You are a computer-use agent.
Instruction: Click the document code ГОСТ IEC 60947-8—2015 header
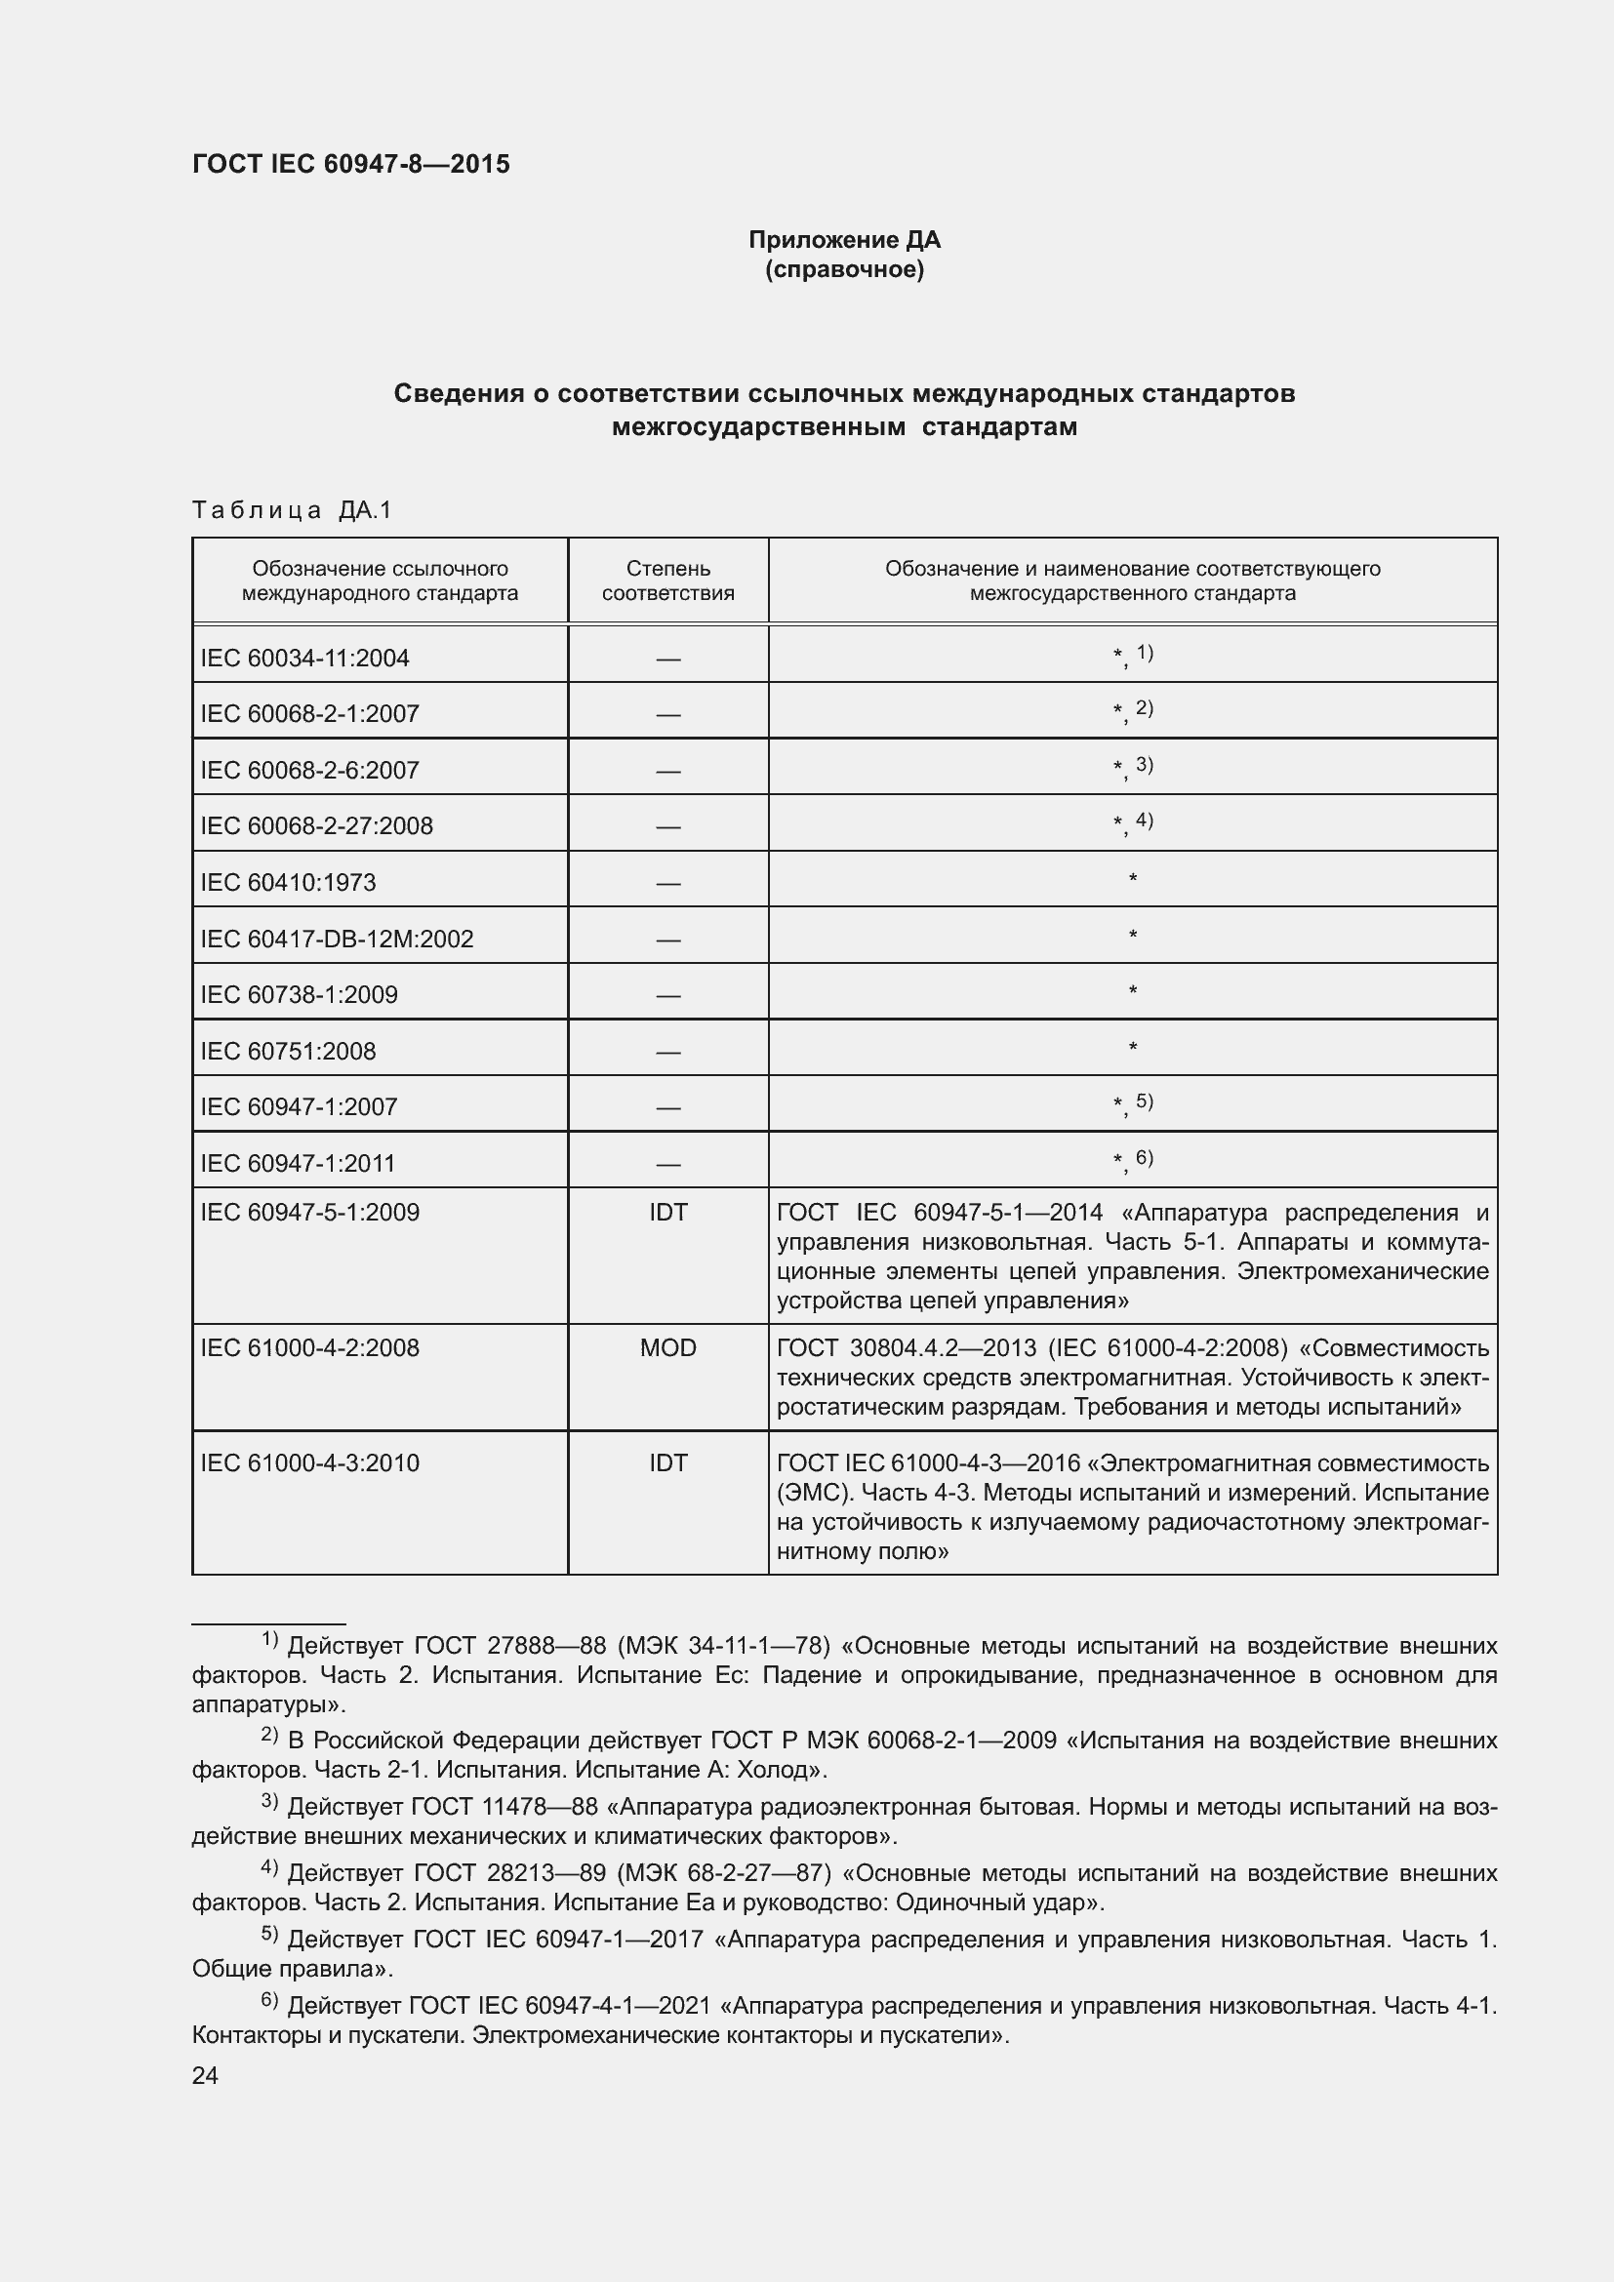(x=351, y=164)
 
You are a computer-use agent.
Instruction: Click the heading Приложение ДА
(x=844, y=240)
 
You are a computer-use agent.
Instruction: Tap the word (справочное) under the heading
(x=844, y=269)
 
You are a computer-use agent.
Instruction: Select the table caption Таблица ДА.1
(x=292, y=510)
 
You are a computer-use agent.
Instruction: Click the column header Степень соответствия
(x=667, y=581)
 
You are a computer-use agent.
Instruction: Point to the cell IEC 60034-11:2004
(x=305, y=658)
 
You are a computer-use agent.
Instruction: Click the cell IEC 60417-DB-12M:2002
(x=337, y=939)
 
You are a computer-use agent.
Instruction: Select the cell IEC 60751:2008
(x=288, y=1051)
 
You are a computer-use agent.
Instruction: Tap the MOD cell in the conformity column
(x=667, y=1347)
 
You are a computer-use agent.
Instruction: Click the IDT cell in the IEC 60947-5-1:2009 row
(x=667, y=1212)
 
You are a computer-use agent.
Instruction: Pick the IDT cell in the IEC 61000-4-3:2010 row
(x=667, y=1463)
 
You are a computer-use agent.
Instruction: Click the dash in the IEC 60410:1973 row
(x=667, y=883)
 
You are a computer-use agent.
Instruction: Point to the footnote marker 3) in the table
(x=1144, y=764)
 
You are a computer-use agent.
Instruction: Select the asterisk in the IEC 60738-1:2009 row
(x=1132, y=991)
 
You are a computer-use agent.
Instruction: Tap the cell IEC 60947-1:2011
(x=299, y=1163)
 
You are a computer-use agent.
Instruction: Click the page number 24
(x=205, y=2075)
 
